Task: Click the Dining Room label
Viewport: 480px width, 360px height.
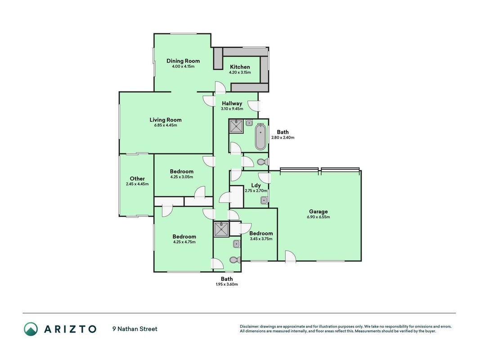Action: pyautogui.click(x=183, y=61)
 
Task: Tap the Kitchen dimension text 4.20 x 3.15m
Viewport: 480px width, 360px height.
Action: pyautogui.click(x=240, y=72)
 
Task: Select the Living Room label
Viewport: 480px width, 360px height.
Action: pyautogui.click(x=166, y=120)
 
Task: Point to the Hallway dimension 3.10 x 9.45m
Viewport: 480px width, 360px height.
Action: pyautogui.click(x=232, y=108)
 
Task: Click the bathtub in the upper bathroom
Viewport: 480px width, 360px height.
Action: pyautogui.click(x=260, y=136)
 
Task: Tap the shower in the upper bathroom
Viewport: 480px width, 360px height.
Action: pyautogui.click(x=236, y=126)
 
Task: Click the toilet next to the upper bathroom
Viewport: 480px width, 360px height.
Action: pyautogui.click(x=262, y=162)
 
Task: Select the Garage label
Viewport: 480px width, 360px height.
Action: pyautogui.click(x=319, y=211)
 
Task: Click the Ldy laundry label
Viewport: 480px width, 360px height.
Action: pyautogui.click(x=256, y=185)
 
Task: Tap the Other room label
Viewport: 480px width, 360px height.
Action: pyautogui.click(x=137, y=179)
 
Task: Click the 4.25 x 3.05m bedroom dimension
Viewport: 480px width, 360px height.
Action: pyautogui.click(x=182, y=177)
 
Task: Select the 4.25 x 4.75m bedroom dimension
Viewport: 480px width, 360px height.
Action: pyautogui.click(x=184, y=242)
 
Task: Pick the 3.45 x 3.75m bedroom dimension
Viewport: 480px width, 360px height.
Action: pyautogui.click(x=261, y=239)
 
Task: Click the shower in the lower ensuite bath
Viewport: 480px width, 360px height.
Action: pyautogui.click(x=221, y=229)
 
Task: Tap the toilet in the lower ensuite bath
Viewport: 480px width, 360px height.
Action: pyautogui.click(x=235, y=260)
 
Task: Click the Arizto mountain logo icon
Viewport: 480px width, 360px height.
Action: pyautogui.click(x=31, y=329)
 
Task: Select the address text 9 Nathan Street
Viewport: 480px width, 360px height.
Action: pyautogui.click(x=135, y=329)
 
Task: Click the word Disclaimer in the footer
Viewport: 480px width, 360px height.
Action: pyautogui.click(x=249, y=327)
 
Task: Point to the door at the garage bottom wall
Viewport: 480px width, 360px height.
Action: pyautogui.click(x=290, y=256)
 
